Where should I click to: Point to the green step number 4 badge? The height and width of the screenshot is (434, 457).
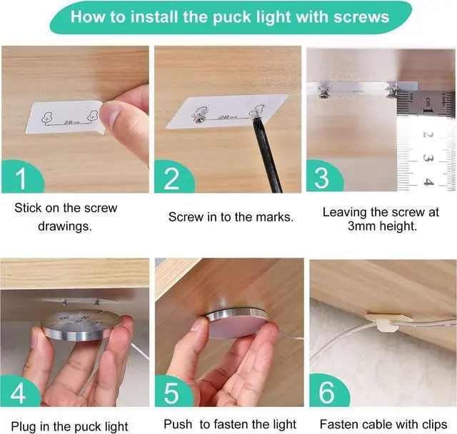click(19, 391)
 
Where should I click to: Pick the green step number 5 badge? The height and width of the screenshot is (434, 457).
click(172, 391)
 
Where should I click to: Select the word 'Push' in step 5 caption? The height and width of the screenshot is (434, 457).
click(178, 424)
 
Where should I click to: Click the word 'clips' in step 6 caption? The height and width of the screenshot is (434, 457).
click(431, 424)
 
